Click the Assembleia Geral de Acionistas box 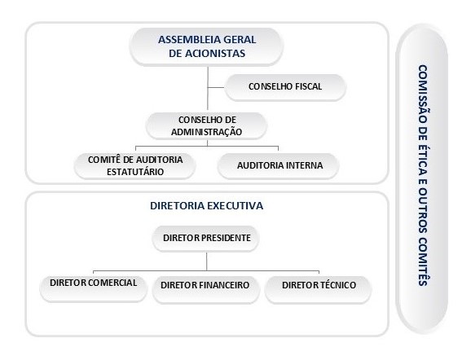pos(206,47)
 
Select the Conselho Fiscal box pos(285,87)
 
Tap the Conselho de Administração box pos(207,125)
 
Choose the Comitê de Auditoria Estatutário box pos(135,165)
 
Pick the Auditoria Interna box pos(279,165)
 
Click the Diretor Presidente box pos(206,238)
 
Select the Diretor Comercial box pos(94,288)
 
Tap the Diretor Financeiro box pos(206,289)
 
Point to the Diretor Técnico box pos(318,289)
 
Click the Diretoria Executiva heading pos(207,206)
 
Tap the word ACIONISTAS pos(215,54)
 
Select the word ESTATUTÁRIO pos(135,172)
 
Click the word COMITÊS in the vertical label pos(423,261)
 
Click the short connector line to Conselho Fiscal pos(216,87)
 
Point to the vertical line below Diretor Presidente pos(207,261)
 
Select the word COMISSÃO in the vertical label pos(423,94)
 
